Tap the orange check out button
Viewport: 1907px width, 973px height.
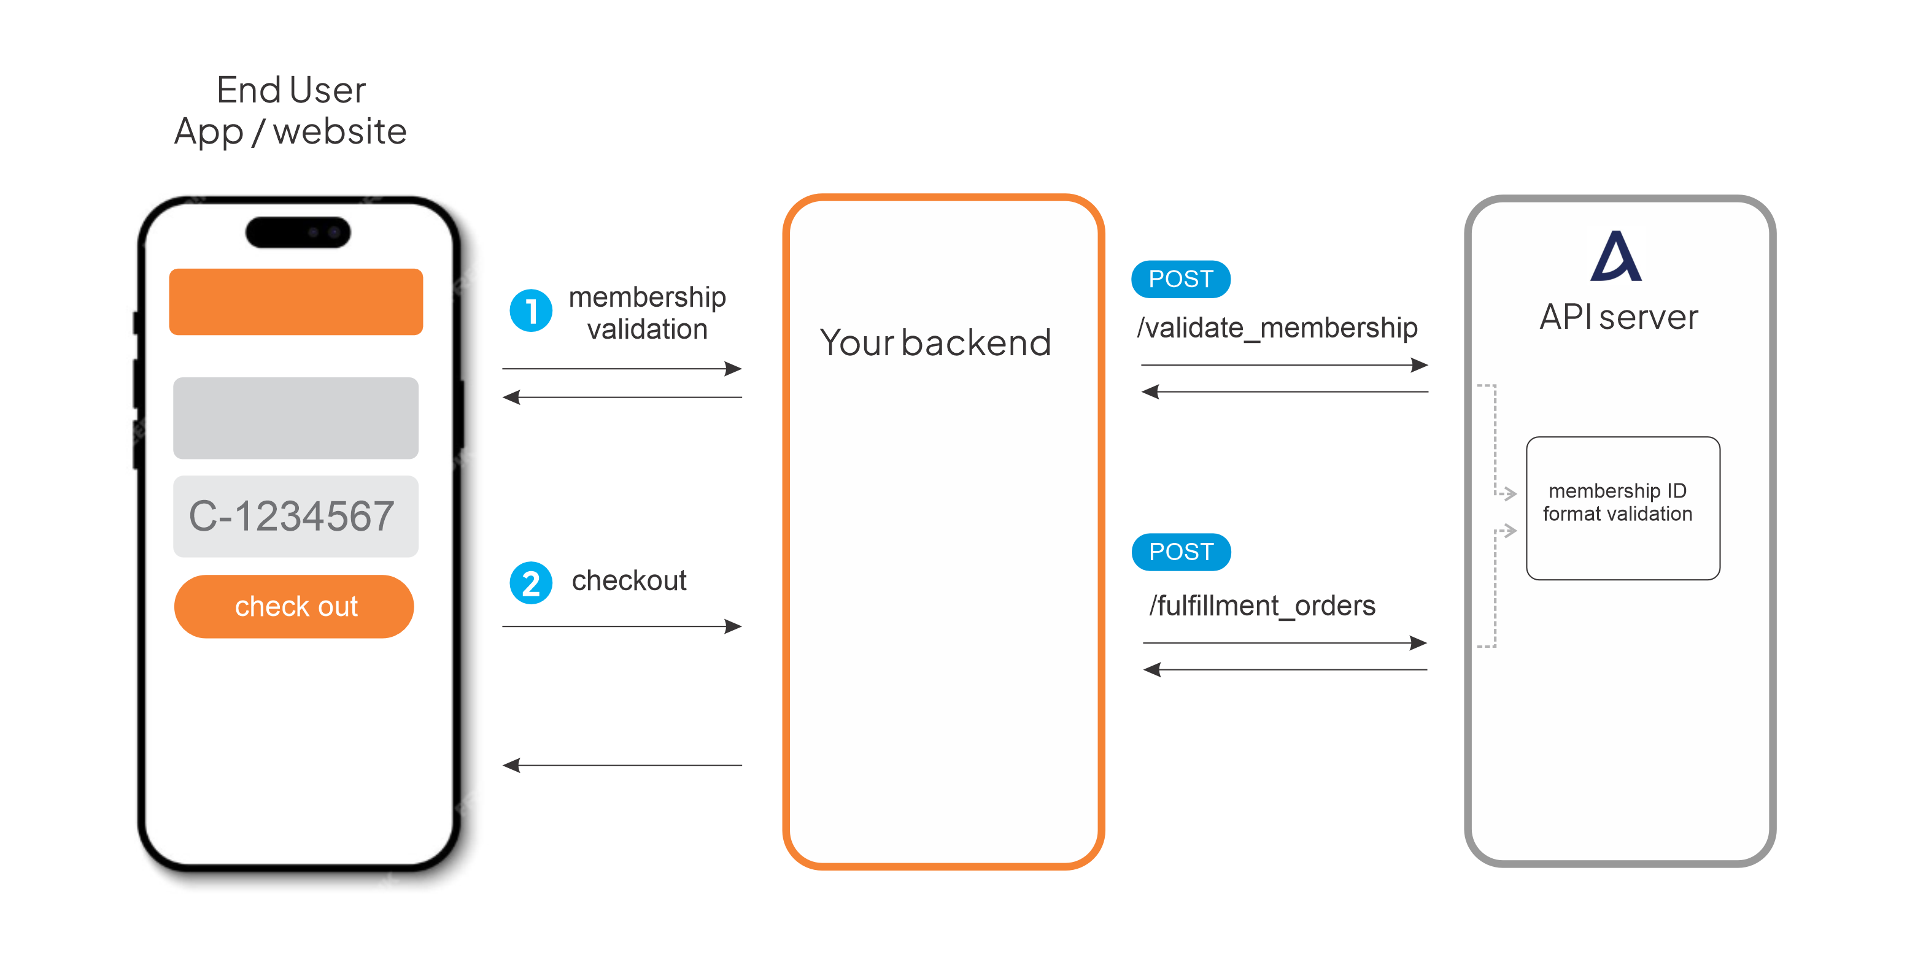[x=294, y=606]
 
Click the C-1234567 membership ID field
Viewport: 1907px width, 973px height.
[x=295, y=516]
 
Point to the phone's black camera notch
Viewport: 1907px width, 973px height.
[x=298, y=232]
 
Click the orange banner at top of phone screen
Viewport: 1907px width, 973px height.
[x=296, y=302]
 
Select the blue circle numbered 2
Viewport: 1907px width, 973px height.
[x=531, y=583]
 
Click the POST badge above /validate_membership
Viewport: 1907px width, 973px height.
[x=1181, y=279]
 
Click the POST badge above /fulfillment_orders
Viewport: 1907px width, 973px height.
[x=1182, y=552]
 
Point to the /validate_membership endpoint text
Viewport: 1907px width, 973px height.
[x=1277, y=328]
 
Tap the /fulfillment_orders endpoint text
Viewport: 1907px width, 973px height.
[x=1262, y=606]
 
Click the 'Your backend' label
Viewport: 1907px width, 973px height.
[x=935, y=342]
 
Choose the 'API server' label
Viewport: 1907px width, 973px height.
[x=1619, y=317]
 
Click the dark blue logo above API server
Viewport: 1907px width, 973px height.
[x=1616, y=256]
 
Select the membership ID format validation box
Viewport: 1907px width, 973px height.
[x=1623, y=509]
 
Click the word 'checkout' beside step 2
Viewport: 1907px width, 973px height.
[x=629, y=580]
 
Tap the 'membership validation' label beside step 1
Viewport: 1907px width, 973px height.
[x=647, y=313]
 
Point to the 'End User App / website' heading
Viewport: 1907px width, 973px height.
[x=291, y=111]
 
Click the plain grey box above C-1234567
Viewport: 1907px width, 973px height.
[x=295, y=418]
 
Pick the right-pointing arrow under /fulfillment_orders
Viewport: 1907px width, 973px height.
[x=1285, y=643]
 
